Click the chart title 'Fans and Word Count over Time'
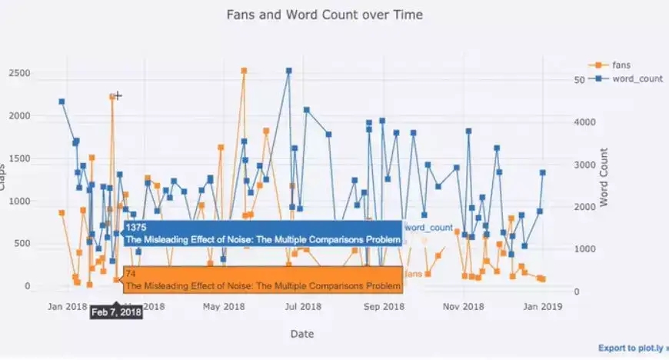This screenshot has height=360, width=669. (x=324, y=15)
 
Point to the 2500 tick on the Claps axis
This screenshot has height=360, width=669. (x=20, y=73)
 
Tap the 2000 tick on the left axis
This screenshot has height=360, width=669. (x=20, y=115)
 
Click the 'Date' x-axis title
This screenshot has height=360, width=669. (x=301, y=334)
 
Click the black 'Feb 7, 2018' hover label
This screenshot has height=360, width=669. (x=116, y=312)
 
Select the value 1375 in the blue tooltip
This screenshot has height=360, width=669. (x=135, y=228)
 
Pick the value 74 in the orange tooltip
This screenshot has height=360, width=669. (x=130, y=274)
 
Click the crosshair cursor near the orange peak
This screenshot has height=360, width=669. (x=118, y=95)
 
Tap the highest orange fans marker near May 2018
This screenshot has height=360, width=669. (x=244, y=71)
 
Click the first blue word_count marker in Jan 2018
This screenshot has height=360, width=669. (x=62, y=102)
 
